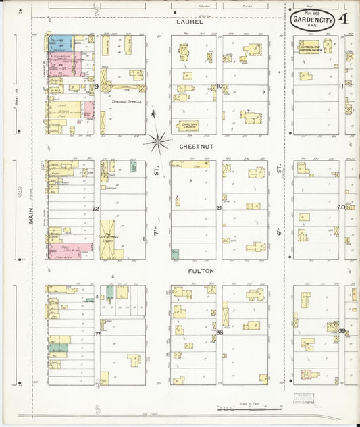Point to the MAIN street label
coord(30,216)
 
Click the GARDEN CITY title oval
coord(313,21)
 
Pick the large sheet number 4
coord(344,19)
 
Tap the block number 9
coord(97,87)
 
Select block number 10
coord(220,86)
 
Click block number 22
coord(96,208)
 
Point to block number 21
coord(219,208)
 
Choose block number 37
coord(97,334)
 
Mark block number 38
coord(220,333)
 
